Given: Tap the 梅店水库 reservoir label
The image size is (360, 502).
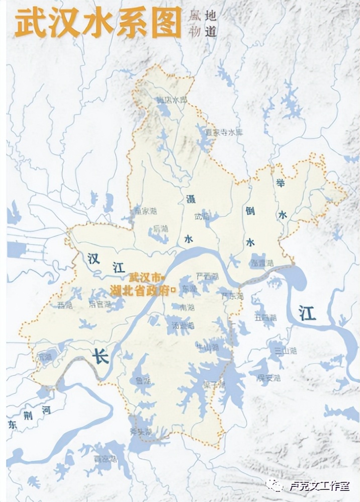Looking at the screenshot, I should [171, 100].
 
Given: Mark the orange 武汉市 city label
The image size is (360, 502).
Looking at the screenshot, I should [146, 277].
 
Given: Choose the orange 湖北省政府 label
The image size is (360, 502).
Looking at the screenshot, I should [143, 290].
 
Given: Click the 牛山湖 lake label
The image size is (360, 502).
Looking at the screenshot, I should [207, 347].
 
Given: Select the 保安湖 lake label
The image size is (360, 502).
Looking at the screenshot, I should [268, 377].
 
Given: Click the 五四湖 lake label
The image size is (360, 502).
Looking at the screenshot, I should [265, 317].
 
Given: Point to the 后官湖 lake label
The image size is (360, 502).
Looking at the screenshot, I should [99, 304].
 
